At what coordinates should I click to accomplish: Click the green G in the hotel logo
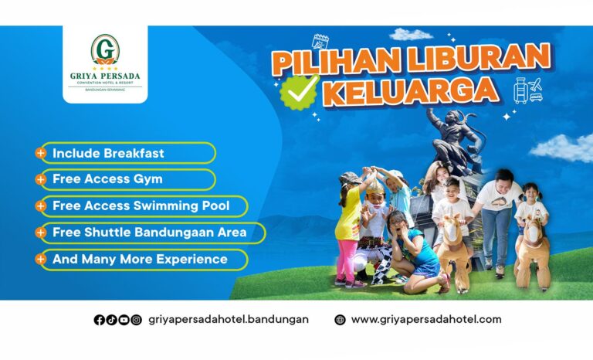(x=105, y=49)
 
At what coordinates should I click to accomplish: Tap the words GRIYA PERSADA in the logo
(x=105, y=76)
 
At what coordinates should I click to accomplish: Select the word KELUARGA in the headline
(x=411, y=91)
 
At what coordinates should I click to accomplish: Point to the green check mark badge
(x=300, y=92)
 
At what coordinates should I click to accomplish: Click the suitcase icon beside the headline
(x=520, y=91)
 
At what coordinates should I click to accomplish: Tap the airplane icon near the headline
(x=536, y=84)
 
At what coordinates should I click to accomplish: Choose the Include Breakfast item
(x=108, y=153)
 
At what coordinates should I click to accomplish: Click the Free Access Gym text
(x=107, y=179)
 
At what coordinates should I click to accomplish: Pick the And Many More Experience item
(x=140, y=260)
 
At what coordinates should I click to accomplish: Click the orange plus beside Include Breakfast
(x=40, y=153)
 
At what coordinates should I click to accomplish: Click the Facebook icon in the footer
(x=99, y=320)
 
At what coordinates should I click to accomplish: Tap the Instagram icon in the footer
(x=136, y=320)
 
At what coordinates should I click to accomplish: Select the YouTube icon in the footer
(x=124, y=320)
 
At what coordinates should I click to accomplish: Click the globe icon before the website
(x=340, y=320)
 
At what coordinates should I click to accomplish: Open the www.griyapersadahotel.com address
(x=426, y=320)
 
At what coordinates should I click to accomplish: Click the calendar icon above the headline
(x=320, y=42)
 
